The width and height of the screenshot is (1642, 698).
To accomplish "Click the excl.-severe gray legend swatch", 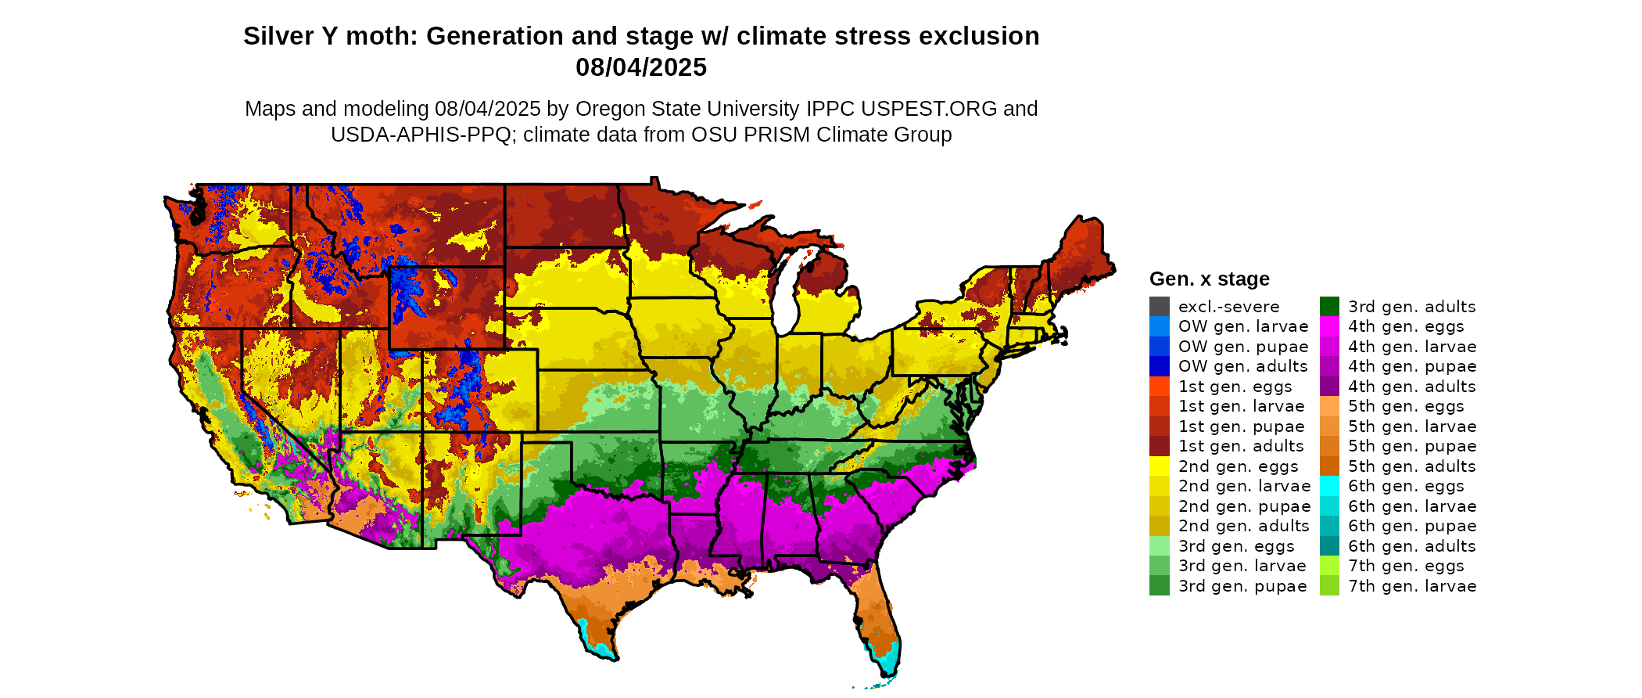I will [1159, 307].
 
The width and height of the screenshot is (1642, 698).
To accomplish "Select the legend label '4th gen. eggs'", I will [1406, 326].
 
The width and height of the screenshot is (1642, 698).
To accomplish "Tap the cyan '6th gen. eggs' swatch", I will [1329, 486].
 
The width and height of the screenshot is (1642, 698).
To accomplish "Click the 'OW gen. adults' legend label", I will [1242, 366].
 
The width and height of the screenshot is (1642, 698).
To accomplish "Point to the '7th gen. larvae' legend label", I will [1412, 586].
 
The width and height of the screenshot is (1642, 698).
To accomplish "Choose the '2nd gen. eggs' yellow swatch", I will [1159, 466].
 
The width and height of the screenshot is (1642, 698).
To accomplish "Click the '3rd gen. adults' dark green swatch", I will [1329, 307].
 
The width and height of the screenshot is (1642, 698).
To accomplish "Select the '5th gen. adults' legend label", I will [1412, 466].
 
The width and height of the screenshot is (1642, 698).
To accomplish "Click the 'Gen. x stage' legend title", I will [1209, 279].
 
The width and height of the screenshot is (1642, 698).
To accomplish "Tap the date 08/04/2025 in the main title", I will [641, 68].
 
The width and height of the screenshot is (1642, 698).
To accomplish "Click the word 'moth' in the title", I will [378, 37].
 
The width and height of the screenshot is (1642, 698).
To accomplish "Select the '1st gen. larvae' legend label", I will [1241, 406].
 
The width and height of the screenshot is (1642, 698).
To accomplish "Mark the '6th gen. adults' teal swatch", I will [1329, 546].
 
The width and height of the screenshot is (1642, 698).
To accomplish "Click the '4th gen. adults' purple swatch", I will [1329, 387].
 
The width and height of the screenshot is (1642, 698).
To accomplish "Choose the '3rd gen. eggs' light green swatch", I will [1159, 546].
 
